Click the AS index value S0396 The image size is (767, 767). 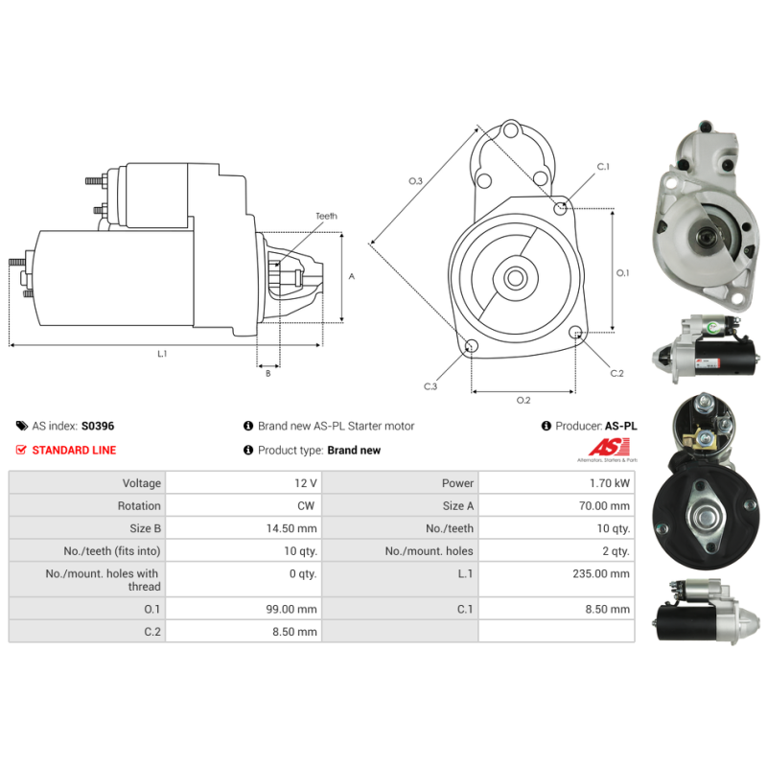click(x=98, y=426)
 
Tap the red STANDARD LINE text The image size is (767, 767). click(x=74, y=450)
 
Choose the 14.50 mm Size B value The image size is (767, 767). click(x=291, y=528)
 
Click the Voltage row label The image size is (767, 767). click(x=141, y=483)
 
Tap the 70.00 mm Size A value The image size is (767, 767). click(x=604, y=506)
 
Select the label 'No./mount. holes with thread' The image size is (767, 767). click(x=103, y=580)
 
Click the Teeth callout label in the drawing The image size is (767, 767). click(x=326, y=216)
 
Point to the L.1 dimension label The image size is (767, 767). click(x=162, y=354)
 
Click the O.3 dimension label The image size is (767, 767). click(x=415, y=181)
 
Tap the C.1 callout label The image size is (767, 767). click(x=603, y=166)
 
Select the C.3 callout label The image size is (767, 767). click(x=430, y=386)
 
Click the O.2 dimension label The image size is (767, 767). click(x=523, y=400)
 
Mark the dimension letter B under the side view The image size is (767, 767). click(x=268, y=373)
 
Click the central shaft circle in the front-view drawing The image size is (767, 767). click(x=515, y=278)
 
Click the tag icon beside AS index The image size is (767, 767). click(x=22, y=426)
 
